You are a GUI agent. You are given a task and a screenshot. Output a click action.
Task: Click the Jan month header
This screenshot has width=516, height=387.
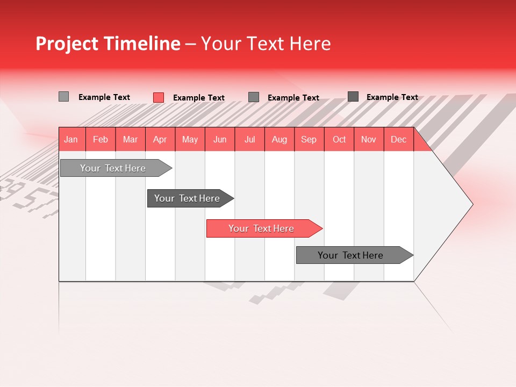[x=71, y=139]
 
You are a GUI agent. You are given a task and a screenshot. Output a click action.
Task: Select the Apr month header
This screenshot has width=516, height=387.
[x=160, y=139]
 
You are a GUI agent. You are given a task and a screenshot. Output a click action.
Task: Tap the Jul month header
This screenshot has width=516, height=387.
[x=249, y=139]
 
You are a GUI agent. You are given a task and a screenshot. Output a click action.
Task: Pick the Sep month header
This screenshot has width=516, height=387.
[x=309, y=139]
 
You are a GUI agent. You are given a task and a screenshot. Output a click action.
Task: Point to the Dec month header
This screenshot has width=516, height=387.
[x=398, y=139]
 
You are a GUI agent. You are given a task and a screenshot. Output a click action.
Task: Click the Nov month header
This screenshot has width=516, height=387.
[x=368, y=139]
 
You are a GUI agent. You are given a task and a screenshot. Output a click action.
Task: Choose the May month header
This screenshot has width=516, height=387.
[x=190, y=139]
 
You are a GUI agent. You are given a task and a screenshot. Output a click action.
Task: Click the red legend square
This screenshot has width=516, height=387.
[x=158, y=97]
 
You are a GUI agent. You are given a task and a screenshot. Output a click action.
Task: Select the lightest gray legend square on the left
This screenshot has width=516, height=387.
[x=63, y=97]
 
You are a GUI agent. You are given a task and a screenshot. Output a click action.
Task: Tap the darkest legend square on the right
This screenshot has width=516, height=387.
[x=353, y=97]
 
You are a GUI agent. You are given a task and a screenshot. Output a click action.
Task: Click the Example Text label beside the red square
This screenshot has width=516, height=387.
[x=199, y=98]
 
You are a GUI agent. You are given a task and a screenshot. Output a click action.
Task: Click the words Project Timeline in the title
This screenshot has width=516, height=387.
[x=107, y=44]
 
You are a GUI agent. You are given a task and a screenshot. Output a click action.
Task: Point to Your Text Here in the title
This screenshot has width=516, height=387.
[x=266, y=44]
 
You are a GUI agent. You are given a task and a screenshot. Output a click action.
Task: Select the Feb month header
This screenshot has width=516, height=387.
[x=101, y=139]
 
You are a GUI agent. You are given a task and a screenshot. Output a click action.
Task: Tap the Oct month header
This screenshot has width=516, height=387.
[x=339, y=139]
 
